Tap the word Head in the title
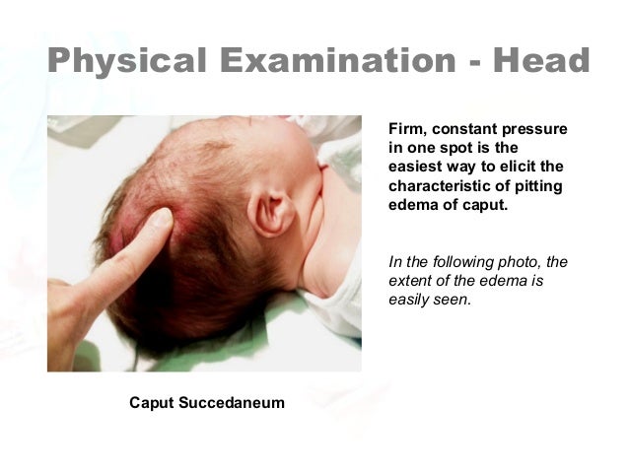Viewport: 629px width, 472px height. [x=539, y=61]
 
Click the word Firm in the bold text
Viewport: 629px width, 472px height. [x=406, y=130]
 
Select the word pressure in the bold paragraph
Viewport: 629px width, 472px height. [x=534, y=130]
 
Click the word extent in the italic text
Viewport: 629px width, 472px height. [x=411, y=281]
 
